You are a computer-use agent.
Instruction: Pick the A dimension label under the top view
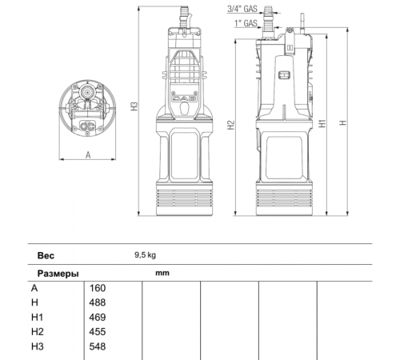click(87, 156)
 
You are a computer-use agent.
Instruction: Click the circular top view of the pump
click(87, 111)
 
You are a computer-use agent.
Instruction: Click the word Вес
click(46, 257)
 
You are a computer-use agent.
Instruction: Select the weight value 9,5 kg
click(145, 257)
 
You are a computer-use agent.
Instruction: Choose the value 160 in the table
click(97, 288)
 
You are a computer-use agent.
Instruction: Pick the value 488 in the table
click(97, 302)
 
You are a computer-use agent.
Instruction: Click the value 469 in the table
click(97, 317)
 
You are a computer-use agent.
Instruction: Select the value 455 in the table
click(97, 331)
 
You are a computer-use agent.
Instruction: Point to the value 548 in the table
click(97, 346)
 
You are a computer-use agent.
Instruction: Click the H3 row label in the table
click(38, 346)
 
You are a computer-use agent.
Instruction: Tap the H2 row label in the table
click(38, 331)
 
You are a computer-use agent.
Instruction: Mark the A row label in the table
click(34, 288)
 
